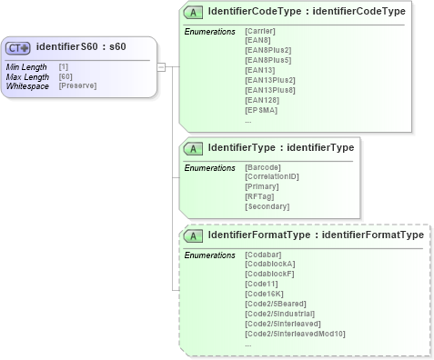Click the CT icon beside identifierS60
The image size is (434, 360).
click(19, 48)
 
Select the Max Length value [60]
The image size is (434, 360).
click(66, 76)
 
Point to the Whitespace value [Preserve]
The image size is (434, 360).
click(77, 85)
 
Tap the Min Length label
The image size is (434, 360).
click(25, 67)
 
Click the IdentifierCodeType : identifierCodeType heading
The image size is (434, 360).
click(307, 12)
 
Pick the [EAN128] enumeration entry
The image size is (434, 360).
click(260, 99)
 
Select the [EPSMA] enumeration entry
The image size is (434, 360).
click(260, 109)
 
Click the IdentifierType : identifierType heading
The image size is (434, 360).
click(280, 147)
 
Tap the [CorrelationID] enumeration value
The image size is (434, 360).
click(273, 177)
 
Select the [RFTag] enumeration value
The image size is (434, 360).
click(259, 196)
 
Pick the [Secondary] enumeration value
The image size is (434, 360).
click(267, 206)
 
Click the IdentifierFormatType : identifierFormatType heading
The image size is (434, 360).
click(315, 235)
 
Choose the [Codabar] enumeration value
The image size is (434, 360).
click(263, 255)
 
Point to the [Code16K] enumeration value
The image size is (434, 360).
click(264, 294)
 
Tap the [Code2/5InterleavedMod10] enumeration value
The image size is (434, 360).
click(295, 333)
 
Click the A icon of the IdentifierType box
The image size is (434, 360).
click(193, 148)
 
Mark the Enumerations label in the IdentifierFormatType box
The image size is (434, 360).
click(209, 255)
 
